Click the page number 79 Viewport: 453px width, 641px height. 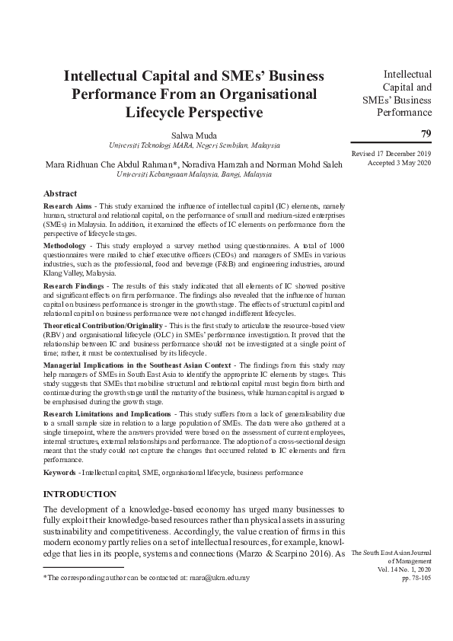pos(426,134)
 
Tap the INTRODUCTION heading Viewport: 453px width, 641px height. pos(80,494)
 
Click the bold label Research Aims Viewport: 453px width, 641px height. pos(69,206)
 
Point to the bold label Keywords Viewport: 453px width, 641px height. pos(60,472)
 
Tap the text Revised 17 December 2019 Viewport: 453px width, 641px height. pos(391,154)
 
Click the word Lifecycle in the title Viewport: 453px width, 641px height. pos(158,113)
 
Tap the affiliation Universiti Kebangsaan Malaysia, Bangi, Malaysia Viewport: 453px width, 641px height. pos(194,174)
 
